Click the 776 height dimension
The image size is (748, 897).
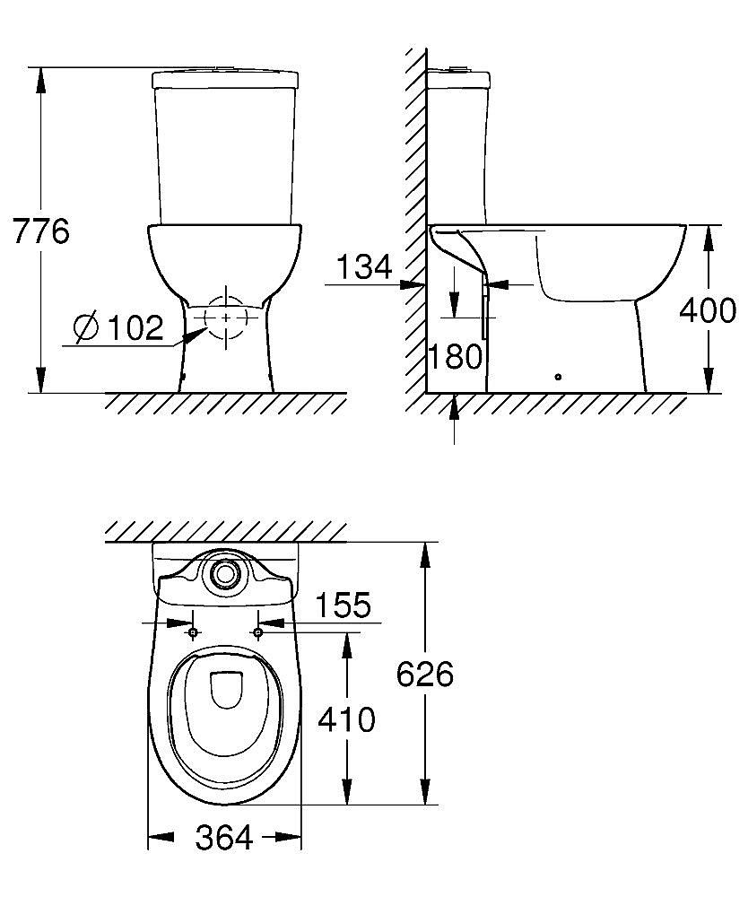coord(40,231)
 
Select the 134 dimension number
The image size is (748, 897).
coord(362,266)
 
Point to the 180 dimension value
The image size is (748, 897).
coord(455,357)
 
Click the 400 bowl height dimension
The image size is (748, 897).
coord(708,309)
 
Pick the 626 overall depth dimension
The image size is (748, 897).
coord(425,675)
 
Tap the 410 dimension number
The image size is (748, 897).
coord(346,718)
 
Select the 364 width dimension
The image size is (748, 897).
coord(224,839)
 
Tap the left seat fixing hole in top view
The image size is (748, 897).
coord(193,633)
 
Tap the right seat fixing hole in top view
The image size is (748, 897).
coord(258,633)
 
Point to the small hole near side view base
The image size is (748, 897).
coord(558,378)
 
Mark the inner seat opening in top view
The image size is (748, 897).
coord(224,691)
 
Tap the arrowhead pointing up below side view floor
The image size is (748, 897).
coord(455,405)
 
